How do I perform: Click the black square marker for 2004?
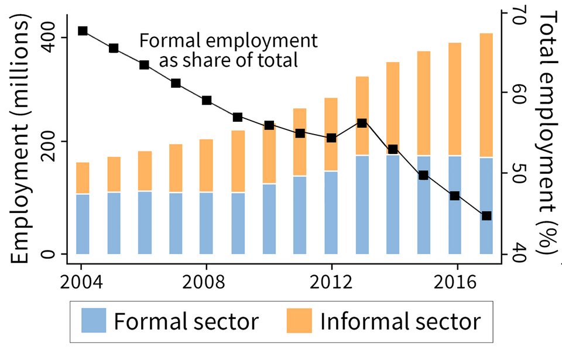pyautogui.click(x=83, y=31)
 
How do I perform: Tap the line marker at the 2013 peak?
pyautogui.click(x=362, y=123)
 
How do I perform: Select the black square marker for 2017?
pyautogui.click(x=486, y=216)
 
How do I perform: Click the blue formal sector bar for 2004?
pyautogui.click(x=83, y=224)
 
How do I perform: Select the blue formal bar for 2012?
pyautogui.click(x=331, y=212)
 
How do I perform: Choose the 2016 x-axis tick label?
pyautogui.click(x=455, y=277)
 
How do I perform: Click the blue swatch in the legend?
pyautogui.click(x=92, y=321)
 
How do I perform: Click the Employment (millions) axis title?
pyautogui.click(x=22, y=140)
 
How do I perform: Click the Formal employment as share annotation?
pyautogui.click(x=228, y=50)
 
